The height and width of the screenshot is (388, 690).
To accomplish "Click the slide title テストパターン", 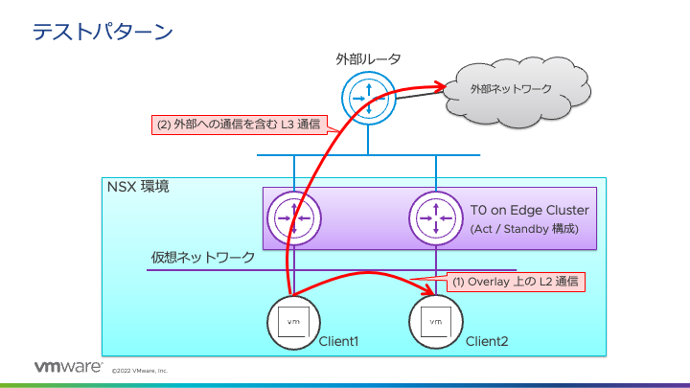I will click(103, 33).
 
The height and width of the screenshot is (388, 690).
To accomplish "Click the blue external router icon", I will click(367, 96).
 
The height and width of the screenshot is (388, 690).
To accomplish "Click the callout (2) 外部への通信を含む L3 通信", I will click(239, 125).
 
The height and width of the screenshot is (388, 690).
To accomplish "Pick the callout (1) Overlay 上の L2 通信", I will click(516, 282).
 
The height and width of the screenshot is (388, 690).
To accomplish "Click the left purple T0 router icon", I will click(293, 218).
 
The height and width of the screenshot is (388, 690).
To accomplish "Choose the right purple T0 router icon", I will click(436, 218).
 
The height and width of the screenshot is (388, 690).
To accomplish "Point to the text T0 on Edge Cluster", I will click(529, 211).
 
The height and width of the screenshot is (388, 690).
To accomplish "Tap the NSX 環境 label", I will click(139, 187).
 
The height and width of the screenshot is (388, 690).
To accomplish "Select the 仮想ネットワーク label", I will click(203, 257).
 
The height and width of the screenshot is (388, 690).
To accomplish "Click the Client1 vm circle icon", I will click(293, 322).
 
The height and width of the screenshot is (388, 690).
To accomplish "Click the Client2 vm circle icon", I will click(436, 322).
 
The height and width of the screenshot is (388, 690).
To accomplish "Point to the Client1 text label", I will click(338, 341).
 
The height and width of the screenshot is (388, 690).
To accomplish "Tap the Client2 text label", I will click(487, 341).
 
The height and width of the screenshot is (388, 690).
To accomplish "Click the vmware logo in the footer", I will click(68, 367).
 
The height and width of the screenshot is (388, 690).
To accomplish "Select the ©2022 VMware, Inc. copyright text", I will click(140, 370).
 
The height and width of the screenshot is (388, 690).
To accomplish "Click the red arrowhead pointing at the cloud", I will click(447, 89).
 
